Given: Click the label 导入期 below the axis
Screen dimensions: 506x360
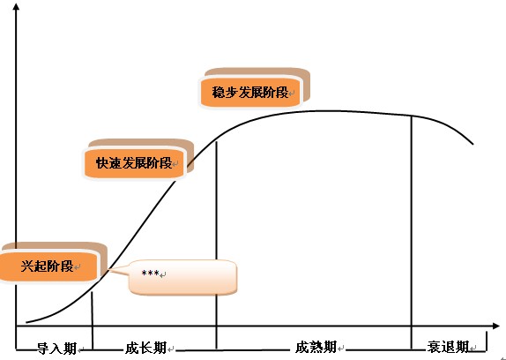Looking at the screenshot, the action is point(56,349).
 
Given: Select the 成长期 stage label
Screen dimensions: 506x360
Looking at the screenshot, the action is point(145,348).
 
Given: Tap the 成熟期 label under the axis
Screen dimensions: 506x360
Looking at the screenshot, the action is point(316,348).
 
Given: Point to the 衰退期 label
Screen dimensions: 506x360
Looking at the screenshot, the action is point(448,348).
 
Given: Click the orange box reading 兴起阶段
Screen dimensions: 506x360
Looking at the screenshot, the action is point(48,266).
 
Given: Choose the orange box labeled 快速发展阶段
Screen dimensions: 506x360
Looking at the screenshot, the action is point(134,163).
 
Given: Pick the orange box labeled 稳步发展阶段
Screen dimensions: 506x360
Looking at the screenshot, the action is point(250,93).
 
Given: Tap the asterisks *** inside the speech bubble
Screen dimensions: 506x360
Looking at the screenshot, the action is point(150,274).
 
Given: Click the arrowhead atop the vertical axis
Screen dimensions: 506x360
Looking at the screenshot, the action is point(16,6).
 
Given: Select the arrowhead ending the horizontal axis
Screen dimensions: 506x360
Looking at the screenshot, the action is point(496,326).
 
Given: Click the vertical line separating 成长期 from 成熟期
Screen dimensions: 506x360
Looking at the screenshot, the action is point(216,245).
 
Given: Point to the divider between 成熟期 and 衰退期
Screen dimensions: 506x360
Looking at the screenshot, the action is point(412,232).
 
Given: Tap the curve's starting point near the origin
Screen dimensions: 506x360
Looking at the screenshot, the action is point(26,322).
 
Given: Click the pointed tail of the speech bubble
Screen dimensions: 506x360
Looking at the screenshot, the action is point(110,270).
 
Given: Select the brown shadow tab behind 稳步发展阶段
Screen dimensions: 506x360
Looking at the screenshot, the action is point(257,72).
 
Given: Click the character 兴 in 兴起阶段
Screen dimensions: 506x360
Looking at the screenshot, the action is point(27,266).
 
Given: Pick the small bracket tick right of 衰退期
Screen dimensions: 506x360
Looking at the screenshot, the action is point(487,341).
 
